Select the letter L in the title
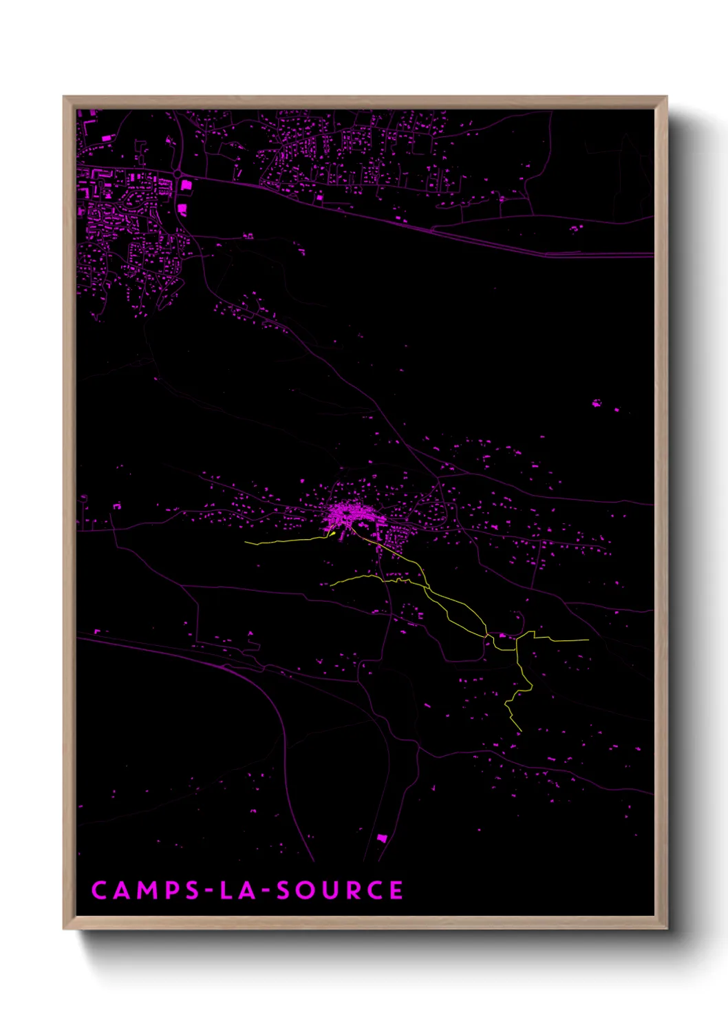[x=226, y=890]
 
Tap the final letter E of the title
[x=396, y=890]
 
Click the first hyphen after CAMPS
[x=211, y=892]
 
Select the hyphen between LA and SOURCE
[x=265, y=892]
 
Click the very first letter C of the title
[x=99, y=890]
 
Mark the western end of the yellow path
[x=246, y=543]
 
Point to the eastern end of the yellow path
[x=588, y=640]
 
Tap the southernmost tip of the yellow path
[x=522, y=731]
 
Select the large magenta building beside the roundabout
[x=182, y=208]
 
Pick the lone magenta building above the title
[x=382, y=838]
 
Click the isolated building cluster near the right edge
[x=597, y=402]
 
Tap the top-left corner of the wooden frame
[x=64, y=97]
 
